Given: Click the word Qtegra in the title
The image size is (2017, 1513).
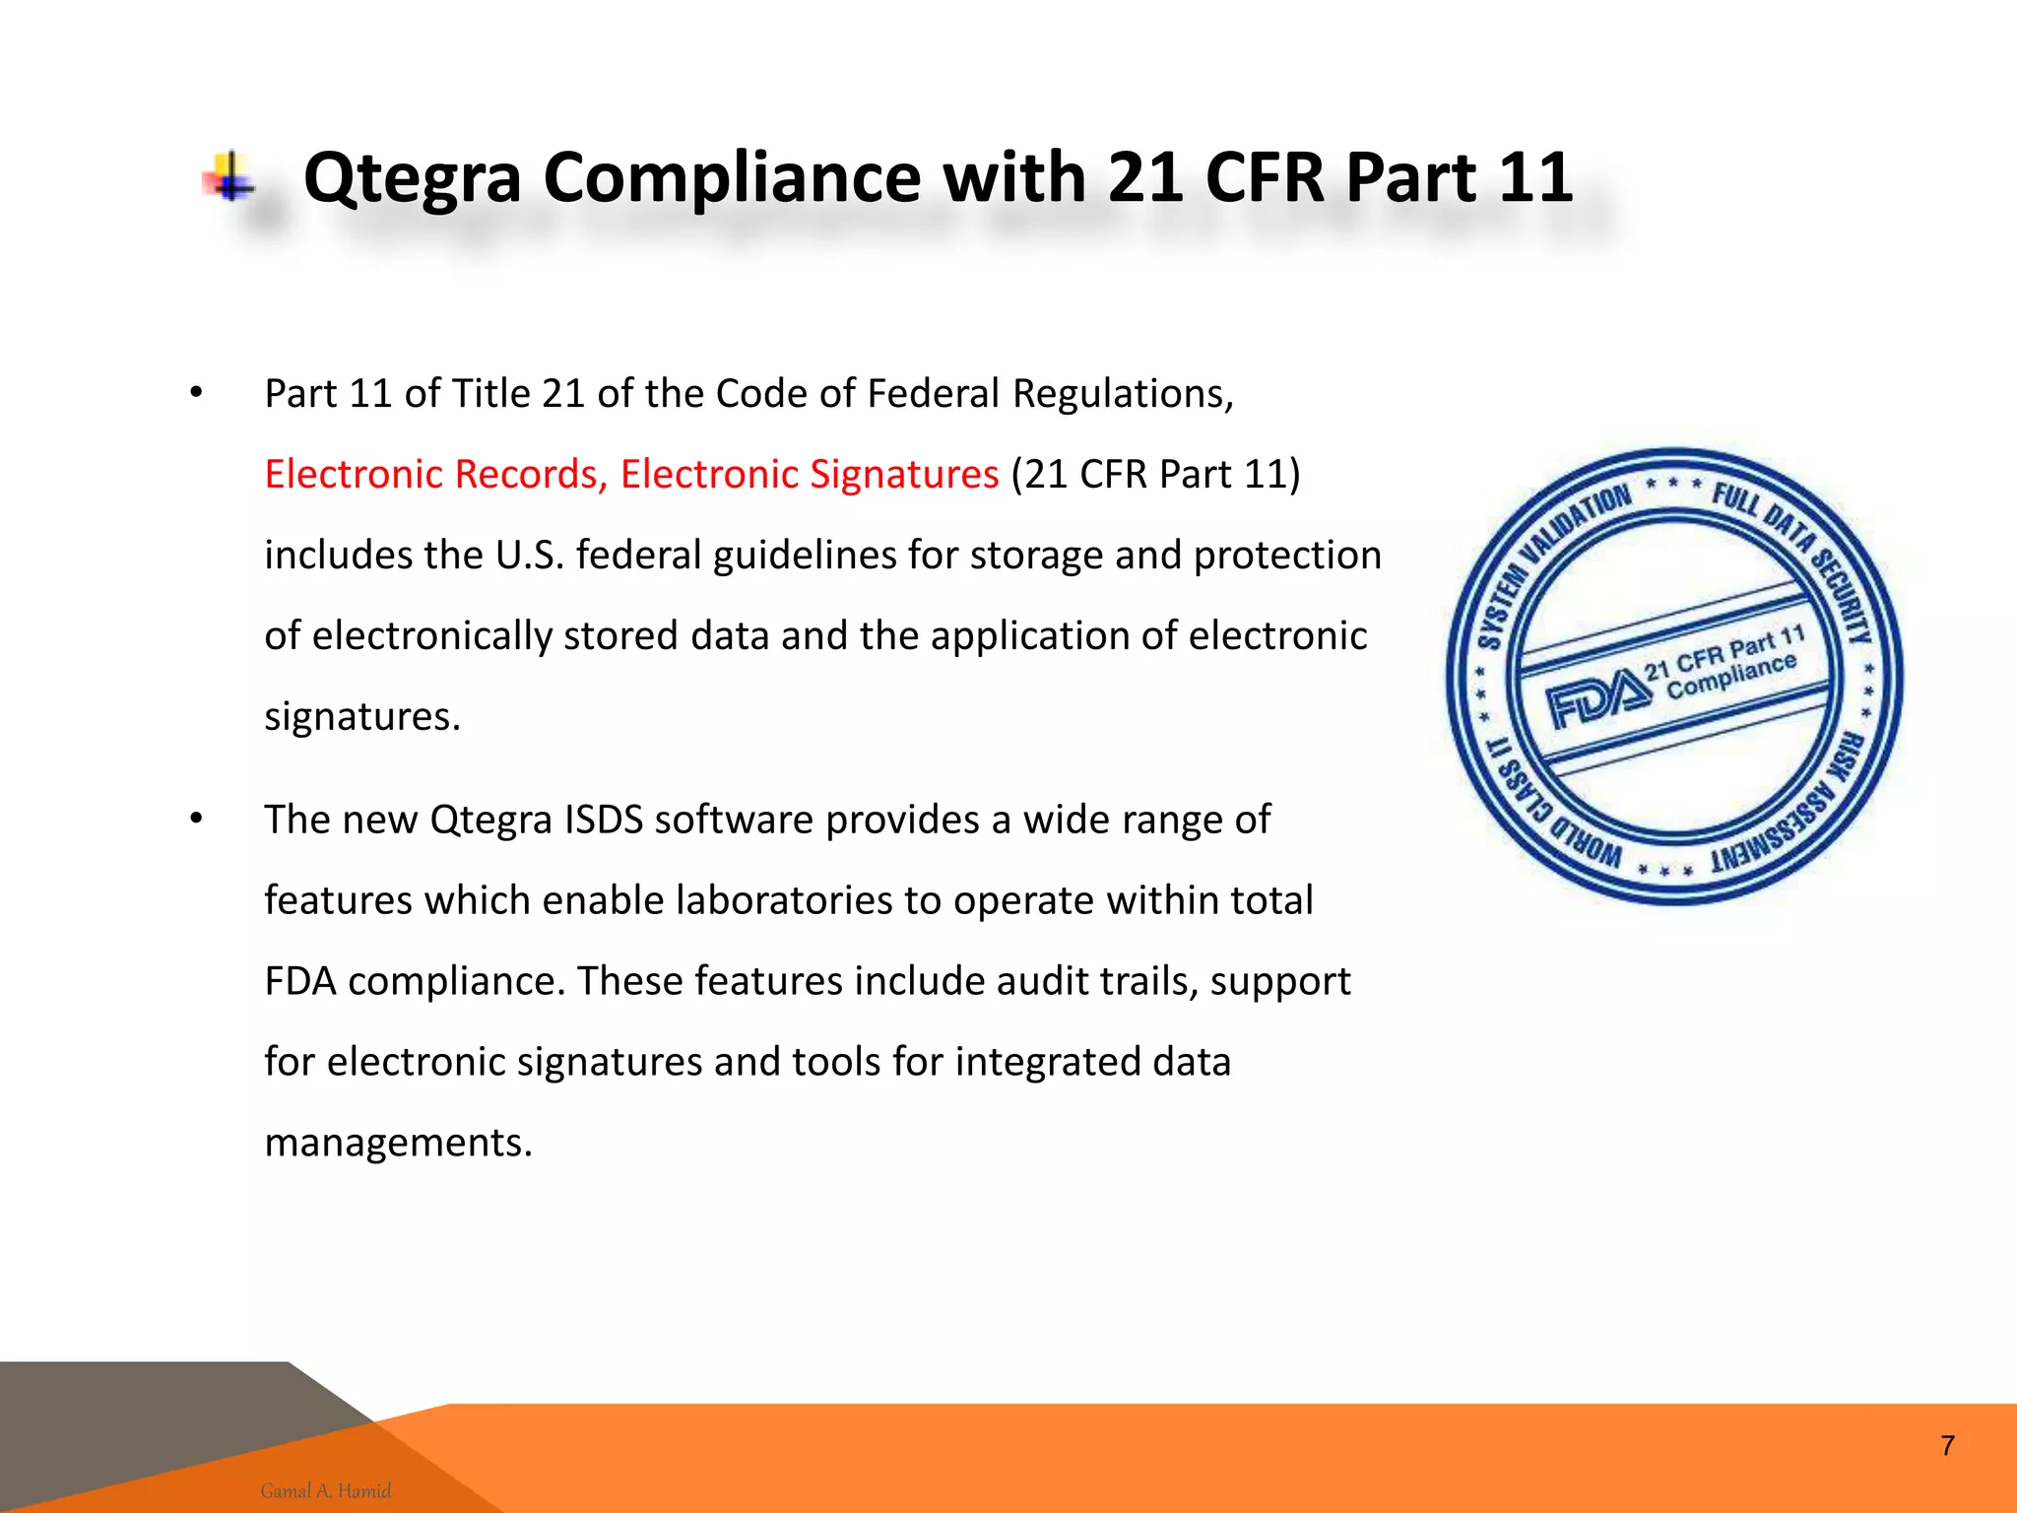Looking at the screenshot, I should [412, 179].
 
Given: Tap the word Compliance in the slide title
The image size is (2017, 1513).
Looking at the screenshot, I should [733, 179].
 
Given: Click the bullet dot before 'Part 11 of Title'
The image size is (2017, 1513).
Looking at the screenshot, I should [197, 394].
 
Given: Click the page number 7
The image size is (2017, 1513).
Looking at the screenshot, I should [1947, 1446].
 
